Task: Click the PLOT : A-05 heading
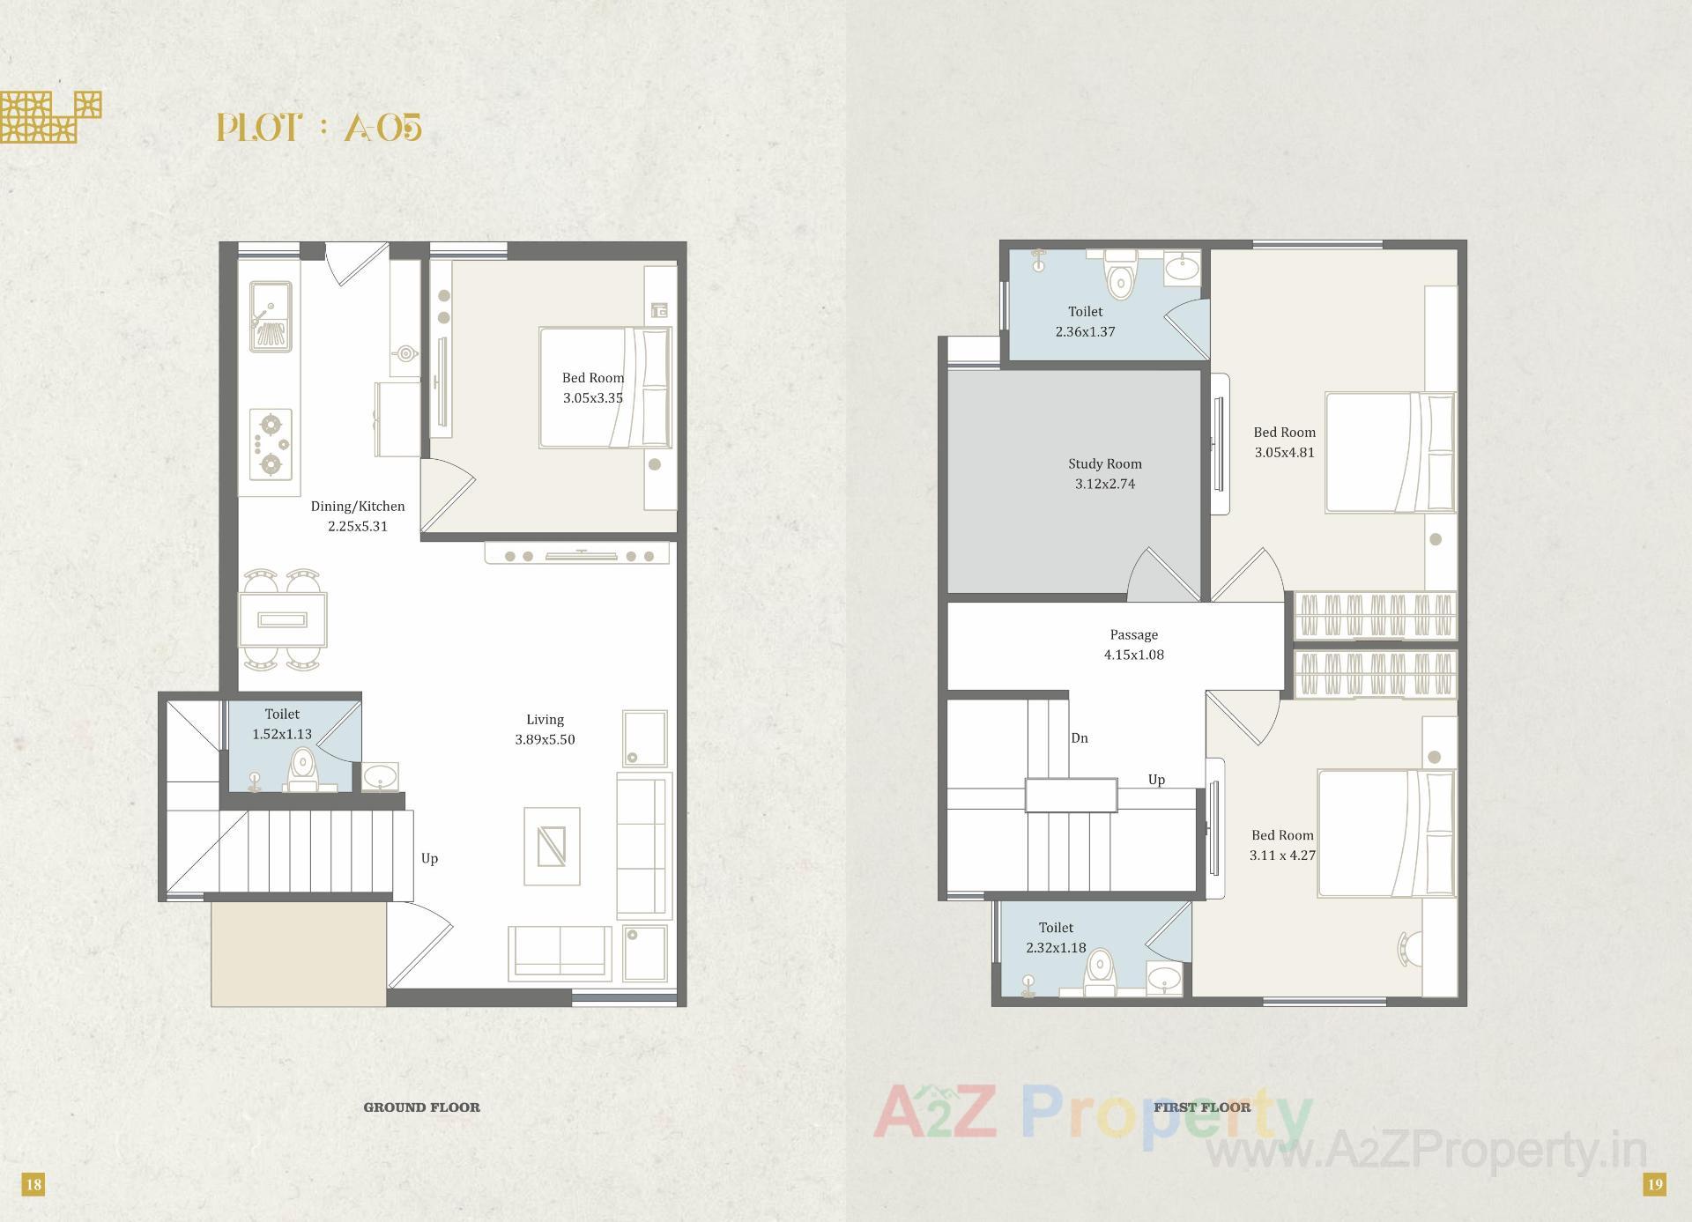coord(319,128)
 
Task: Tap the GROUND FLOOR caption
coord(421,1107)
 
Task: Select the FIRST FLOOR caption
coord(1202,1107)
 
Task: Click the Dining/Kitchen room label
coord(358,516)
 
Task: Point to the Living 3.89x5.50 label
coord(545,729)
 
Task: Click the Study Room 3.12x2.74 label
coord(1105,473)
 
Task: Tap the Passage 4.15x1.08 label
coord(1133,644)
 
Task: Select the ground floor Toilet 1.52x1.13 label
coord(282,723)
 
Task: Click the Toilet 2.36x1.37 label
coord(1085,322)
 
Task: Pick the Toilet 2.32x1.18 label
coord(1056,937)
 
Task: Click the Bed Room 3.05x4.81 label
coord(1284,442)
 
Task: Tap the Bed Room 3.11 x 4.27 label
coord(1282,845)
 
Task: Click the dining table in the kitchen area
coord(283,619)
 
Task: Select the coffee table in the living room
coord(552,846)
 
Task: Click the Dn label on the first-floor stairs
coord(1080,738)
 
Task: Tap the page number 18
coord(33,1184)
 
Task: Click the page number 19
coord(1655,1184)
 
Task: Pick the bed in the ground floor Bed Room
coord(605,388)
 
